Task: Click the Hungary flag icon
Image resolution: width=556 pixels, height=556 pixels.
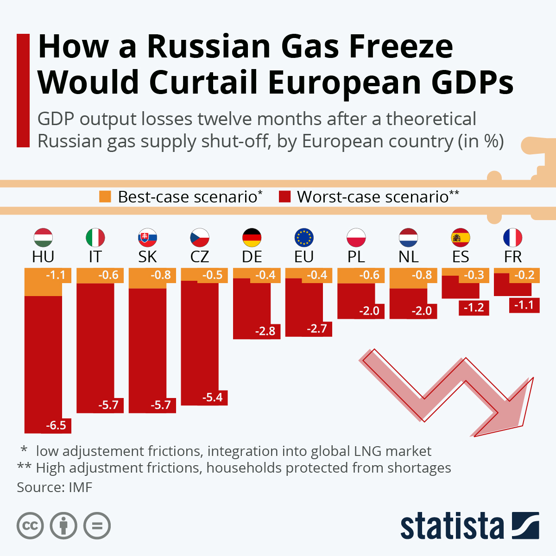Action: (43, 238)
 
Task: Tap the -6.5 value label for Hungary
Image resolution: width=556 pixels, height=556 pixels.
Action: (56, 425)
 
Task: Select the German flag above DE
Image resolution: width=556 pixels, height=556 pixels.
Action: (252, 238)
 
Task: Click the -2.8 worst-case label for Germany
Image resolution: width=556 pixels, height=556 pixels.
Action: (265, 331)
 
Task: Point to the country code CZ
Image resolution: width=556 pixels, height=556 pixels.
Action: (200, 257)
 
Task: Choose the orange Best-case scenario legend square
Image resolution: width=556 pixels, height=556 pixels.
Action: (105, 196)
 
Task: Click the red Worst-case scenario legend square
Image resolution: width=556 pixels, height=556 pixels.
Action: (284, 196)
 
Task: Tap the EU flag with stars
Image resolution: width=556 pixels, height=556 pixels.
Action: (304, 238)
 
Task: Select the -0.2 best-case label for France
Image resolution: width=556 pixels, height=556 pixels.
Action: (524, 275)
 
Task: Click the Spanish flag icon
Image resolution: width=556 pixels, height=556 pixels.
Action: (461, 238)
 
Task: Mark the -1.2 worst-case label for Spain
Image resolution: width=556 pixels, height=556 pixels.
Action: (474, 308)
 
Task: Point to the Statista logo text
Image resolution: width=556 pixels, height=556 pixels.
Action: (452, 527)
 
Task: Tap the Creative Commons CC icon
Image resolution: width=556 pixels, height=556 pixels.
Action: (30, 526)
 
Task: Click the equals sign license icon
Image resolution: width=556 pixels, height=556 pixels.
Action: (97, 526)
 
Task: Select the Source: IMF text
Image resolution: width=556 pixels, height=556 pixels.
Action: (55, 487)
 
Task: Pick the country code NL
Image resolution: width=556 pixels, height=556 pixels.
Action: (408, 257)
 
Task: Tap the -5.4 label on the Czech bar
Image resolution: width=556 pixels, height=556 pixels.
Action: (213, 398)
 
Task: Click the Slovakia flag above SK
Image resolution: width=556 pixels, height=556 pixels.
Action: (147, 238)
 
